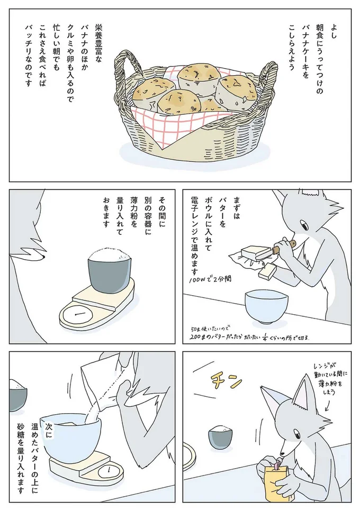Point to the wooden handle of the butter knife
pyautogui.click(x=288, y=245)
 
